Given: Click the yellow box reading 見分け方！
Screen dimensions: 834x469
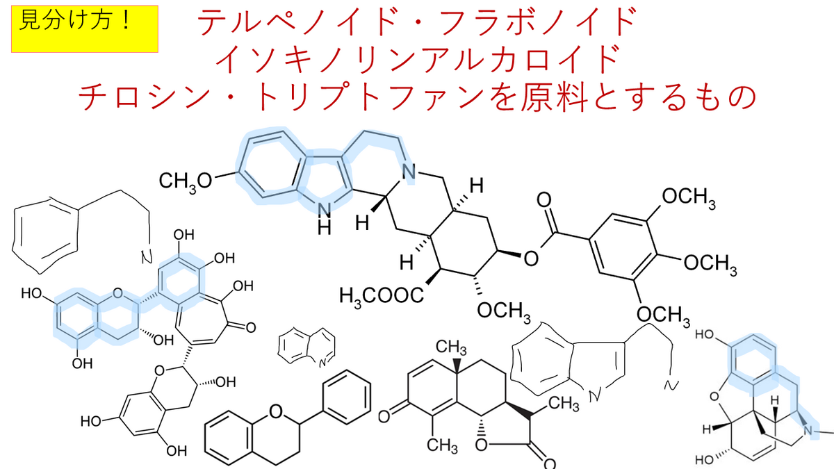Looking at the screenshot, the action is coord(85,29).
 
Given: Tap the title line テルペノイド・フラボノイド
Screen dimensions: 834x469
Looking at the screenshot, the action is coord(417,24).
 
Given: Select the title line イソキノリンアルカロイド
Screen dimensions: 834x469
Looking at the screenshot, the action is coord(417,60).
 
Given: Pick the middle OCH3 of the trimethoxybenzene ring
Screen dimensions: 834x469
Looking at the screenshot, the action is coord(710,263).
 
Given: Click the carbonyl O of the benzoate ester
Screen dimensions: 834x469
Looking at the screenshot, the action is coord(545,201).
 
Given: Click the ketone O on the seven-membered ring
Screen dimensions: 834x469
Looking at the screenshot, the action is coord(251,324).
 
